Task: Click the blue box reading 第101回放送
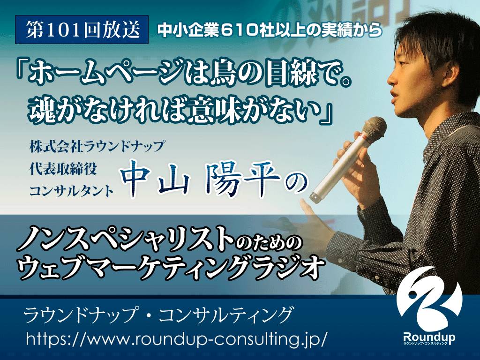point(82,30)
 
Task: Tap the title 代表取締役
point(63,169)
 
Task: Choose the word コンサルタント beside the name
point(71,191)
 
